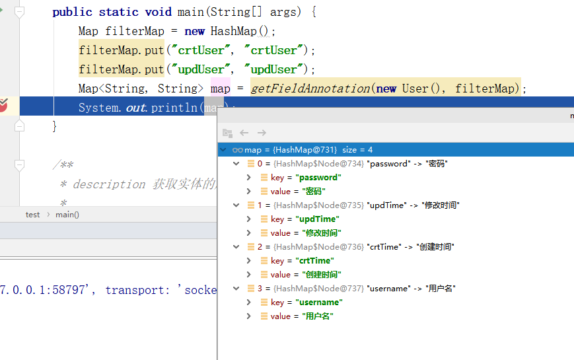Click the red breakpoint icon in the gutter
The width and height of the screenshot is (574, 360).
tap(3, 105)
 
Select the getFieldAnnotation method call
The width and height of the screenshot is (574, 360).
tap(310, 89)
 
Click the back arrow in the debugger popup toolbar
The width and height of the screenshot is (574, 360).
tap(244, 133)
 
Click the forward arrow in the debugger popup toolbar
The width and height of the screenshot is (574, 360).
tap(262, 133)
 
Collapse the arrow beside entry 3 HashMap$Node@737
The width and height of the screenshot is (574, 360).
tap(236, 289)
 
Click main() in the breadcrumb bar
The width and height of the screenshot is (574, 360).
tap(67, 215)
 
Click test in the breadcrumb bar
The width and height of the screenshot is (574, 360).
tap(32, 215)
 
